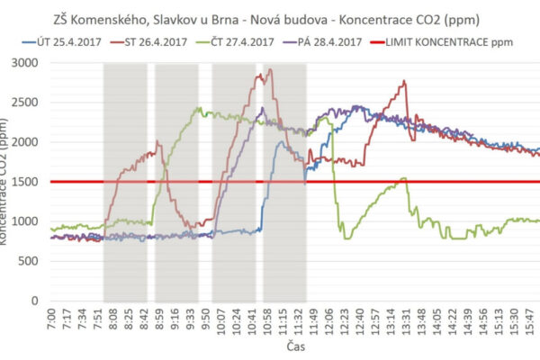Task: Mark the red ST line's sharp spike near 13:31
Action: click(x=405, y=82)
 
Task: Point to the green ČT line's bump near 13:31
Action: click(x=404, y=178)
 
